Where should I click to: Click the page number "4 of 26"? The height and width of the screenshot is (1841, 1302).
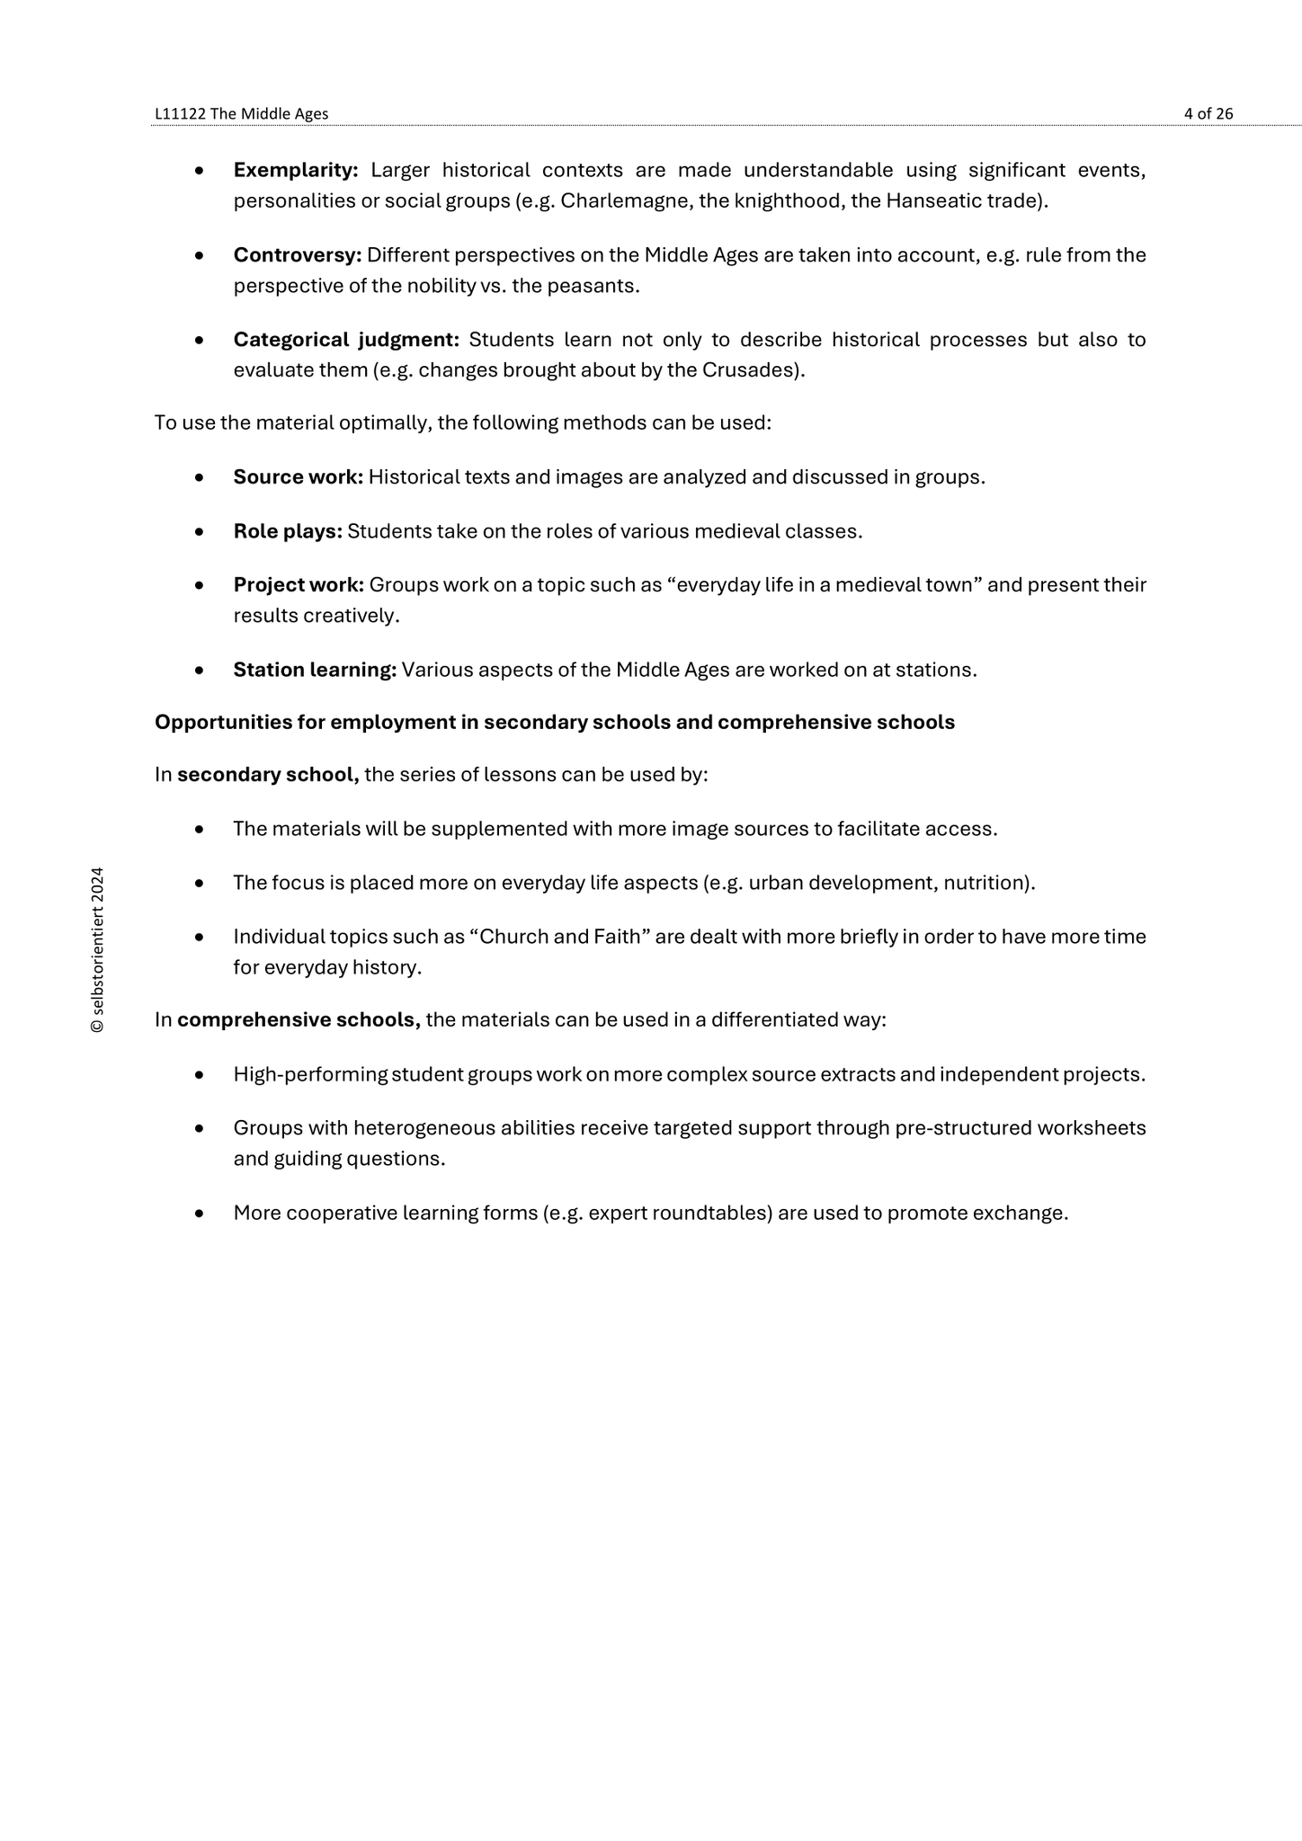(x=1208, y=114)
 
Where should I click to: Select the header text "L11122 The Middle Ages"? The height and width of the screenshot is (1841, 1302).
(x=242, y=114)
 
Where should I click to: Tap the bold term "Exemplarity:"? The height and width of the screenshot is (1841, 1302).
(x=296, y=170)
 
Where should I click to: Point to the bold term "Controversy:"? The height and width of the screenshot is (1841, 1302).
(x=298, y=255)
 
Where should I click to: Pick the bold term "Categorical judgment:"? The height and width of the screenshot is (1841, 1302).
(x=346, y=340)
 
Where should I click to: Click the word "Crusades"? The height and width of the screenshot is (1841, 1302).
(x=757, y=370)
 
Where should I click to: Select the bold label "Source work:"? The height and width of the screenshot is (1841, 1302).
(x=298, y=477)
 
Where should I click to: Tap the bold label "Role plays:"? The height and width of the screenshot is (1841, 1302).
(x=288, y=531)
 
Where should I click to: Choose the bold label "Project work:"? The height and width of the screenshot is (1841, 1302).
(x=299, y=585)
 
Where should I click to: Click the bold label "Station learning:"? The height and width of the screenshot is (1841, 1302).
(x=315, y=670)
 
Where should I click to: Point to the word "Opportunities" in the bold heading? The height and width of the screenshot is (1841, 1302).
(x=217, y=723)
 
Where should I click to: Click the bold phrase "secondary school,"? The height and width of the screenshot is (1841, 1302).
(x=268, y=775)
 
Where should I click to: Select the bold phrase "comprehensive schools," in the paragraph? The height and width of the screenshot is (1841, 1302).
(x=299, y=1020)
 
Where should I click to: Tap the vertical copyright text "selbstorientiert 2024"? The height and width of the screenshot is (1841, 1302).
(x=98, y=950)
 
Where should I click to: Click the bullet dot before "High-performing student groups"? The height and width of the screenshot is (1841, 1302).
(x=199, y=1075)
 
